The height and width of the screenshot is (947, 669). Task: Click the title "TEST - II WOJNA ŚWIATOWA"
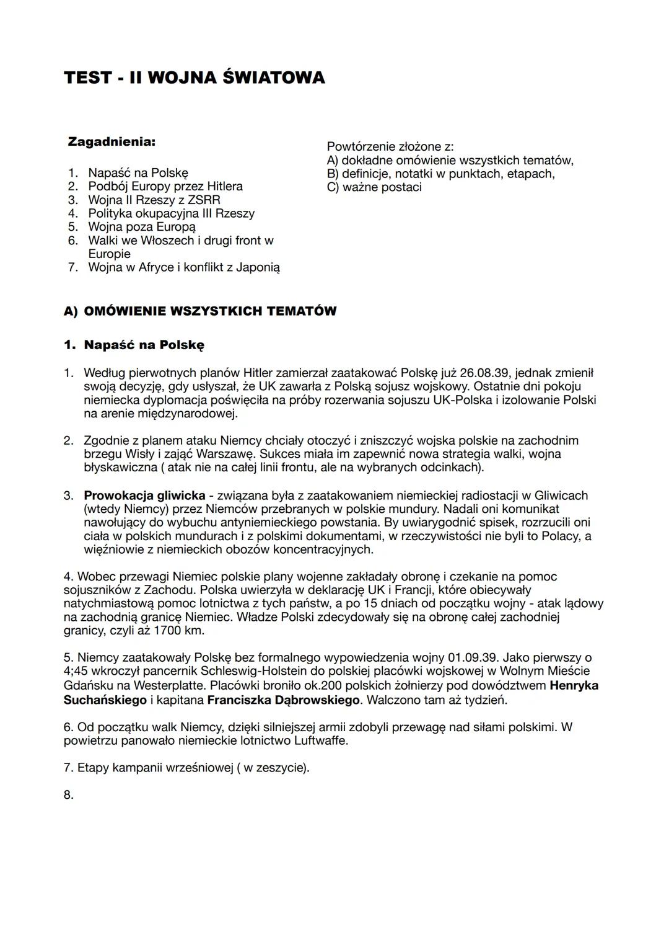tap(194, 78)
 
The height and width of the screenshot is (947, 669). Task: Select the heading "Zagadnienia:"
tap(111, 142)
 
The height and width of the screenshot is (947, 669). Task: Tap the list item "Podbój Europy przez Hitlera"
tap(165, 186)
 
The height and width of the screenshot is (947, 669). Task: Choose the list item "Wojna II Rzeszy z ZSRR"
tap(154, 200)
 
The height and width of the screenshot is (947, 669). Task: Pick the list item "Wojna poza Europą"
tap(142, 227)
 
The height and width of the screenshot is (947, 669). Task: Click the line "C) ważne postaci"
tap(374, 187)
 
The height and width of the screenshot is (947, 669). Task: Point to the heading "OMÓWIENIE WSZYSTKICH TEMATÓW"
tap(210, 311)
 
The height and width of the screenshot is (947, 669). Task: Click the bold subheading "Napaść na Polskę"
tap(144, 345)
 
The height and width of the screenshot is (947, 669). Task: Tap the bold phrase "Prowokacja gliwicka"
tap(144, 496)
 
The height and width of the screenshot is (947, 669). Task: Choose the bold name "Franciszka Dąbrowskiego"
tap(284, 700)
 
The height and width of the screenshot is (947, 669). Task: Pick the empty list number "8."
tap(69, 795)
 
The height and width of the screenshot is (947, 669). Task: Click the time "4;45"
tap(76, 671)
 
